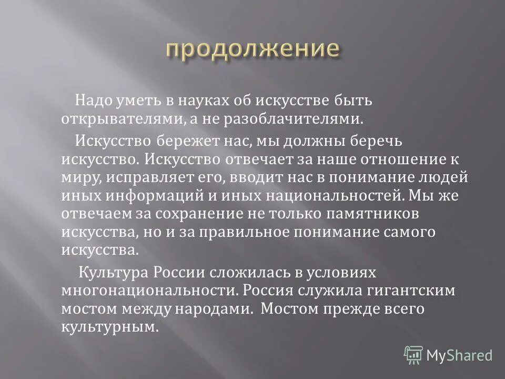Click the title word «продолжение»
point(252,49)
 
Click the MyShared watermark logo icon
point(413,355)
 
